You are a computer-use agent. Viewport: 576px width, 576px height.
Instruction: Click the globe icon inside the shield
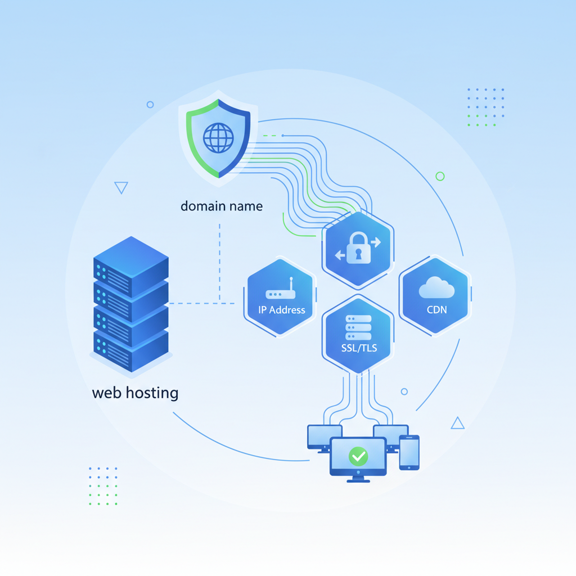tap(218, 138)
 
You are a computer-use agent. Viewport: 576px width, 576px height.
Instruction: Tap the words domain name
tap(222, 206)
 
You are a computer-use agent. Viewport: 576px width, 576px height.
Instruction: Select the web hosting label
tap(135, 393)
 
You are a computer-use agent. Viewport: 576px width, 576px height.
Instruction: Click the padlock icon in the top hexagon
tap(358, 248)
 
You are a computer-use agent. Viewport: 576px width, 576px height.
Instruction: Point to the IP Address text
tap(281, 309)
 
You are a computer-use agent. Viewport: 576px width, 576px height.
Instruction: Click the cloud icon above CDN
tap(436, 289)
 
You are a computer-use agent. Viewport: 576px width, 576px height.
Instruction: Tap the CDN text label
tap(436, 310)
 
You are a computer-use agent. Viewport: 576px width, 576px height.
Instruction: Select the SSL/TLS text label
tap(359, 348)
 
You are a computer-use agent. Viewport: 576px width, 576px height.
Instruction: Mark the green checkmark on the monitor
tap(358, 456)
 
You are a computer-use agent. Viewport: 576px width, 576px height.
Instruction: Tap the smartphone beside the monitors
tap(409, 452)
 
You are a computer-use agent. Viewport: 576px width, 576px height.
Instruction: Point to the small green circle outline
tap(440, 177)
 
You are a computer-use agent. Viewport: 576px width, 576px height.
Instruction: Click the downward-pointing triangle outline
tap(121, 187)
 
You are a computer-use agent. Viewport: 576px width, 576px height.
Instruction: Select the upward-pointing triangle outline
tap(458, 424)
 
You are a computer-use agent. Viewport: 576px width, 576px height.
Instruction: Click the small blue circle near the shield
tap(150, 105)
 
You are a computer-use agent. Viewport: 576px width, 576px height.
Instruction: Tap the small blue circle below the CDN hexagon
tap(404, 391)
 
